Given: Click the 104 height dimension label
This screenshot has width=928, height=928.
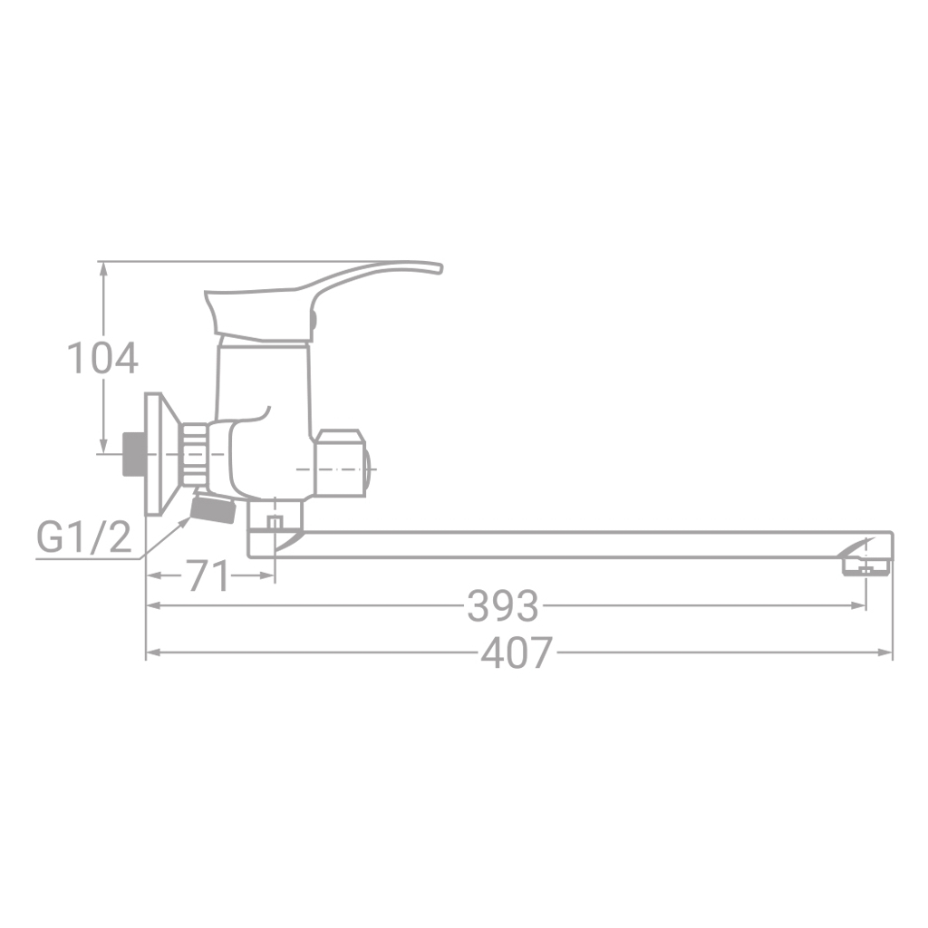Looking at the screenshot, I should click(103, 359).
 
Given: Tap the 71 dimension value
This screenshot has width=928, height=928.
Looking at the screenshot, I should click(208, 576).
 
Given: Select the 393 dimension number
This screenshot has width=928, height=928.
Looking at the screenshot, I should click(502, 605).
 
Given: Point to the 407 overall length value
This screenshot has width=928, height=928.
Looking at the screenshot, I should click(516, 652).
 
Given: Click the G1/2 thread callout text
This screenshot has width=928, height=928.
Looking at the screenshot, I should click(83, 538).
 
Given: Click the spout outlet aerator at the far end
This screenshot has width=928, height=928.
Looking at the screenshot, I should click(865, 566).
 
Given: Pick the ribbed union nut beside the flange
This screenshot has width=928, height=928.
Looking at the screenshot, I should click(192, 454).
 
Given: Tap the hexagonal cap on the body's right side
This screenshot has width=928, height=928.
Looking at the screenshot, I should click(343, 463).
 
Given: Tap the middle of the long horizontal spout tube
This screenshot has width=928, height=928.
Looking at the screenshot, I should click(580, 545).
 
